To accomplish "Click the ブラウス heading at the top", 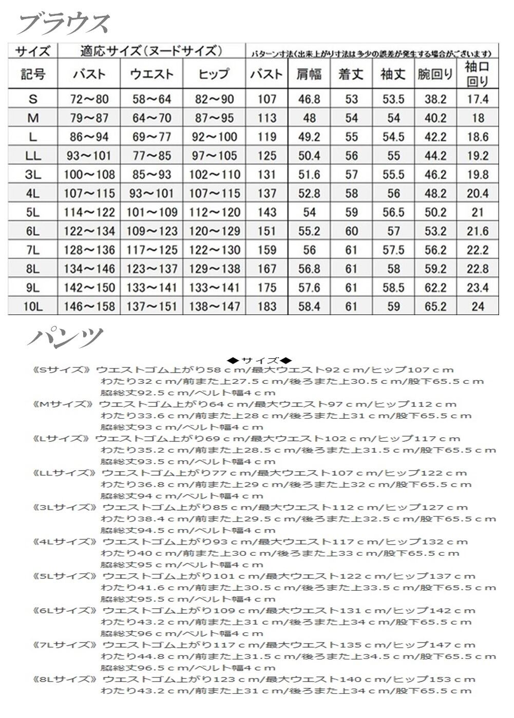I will point(64,23).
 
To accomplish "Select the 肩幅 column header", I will point(309,74).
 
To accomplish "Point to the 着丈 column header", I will point(351,74).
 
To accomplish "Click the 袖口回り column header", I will point(478,74).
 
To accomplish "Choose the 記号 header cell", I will point(33,74).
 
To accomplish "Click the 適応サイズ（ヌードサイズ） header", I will point(151,51).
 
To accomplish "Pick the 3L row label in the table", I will point(33,174).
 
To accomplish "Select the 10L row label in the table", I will point(33,307).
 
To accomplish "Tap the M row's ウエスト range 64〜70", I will point(151,118).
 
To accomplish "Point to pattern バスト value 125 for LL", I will point(266,156).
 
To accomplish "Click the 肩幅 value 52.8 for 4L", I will point(309,193).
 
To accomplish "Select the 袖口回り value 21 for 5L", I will point(478,212).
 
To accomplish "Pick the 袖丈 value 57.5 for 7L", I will point(393,250).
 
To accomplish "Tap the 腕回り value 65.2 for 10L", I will point(435,307).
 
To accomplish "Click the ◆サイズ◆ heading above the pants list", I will point(259,360).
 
